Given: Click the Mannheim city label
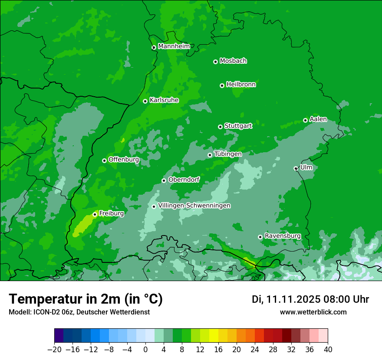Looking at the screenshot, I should point(174,46).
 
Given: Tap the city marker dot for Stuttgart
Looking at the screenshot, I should point(220,127).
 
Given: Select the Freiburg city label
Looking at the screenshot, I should point(111,213).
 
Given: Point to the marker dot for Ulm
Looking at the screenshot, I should point(296,168).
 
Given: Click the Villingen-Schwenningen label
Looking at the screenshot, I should point(194,206).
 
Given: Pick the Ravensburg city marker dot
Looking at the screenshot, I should point(260,237).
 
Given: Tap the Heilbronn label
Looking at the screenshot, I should point(240,85).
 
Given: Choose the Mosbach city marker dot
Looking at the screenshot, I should point(215,62).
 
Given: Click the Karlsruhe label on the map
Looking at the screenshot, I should point(164,100).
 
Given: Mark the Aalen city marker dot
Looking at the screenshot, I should point(305,120).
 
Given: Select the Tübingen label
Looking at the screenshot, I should point(227,154).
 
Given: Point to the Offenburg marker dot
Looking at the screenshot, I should point(104,160).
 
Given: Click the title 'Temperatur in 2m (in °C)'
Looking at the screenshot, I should point(86,299).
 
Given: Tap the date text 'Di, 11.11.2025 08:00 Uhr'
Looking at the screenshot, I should point(310,299).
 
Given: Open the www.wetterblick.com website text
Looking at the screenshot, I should point(313,312).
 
